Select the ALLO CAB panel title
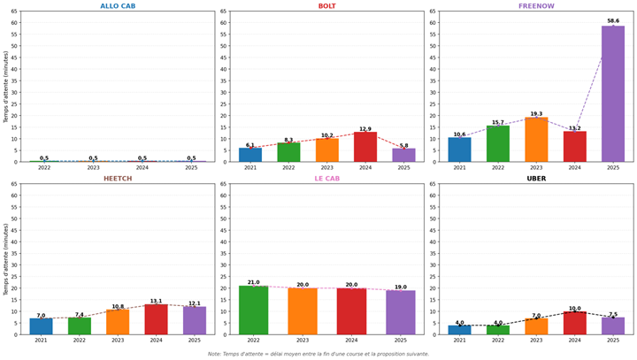(x=118, y=6)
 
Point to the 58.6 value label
(x=613, y=20)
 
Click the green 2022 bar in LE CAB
(x=253, y=310)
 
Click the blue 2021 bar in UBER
(x=459, y=330)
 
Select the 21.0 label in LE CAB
(x=253, y=282)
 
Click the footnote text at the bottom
(x=318, y=354)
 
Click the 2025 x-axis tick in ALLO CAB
(x=191, y=167)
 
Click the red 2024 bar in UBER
(x=574, y=323)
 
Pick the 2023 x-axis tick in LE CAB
(x=303, y=340)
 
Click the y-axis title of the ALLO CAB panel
(x=6, y=86)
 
